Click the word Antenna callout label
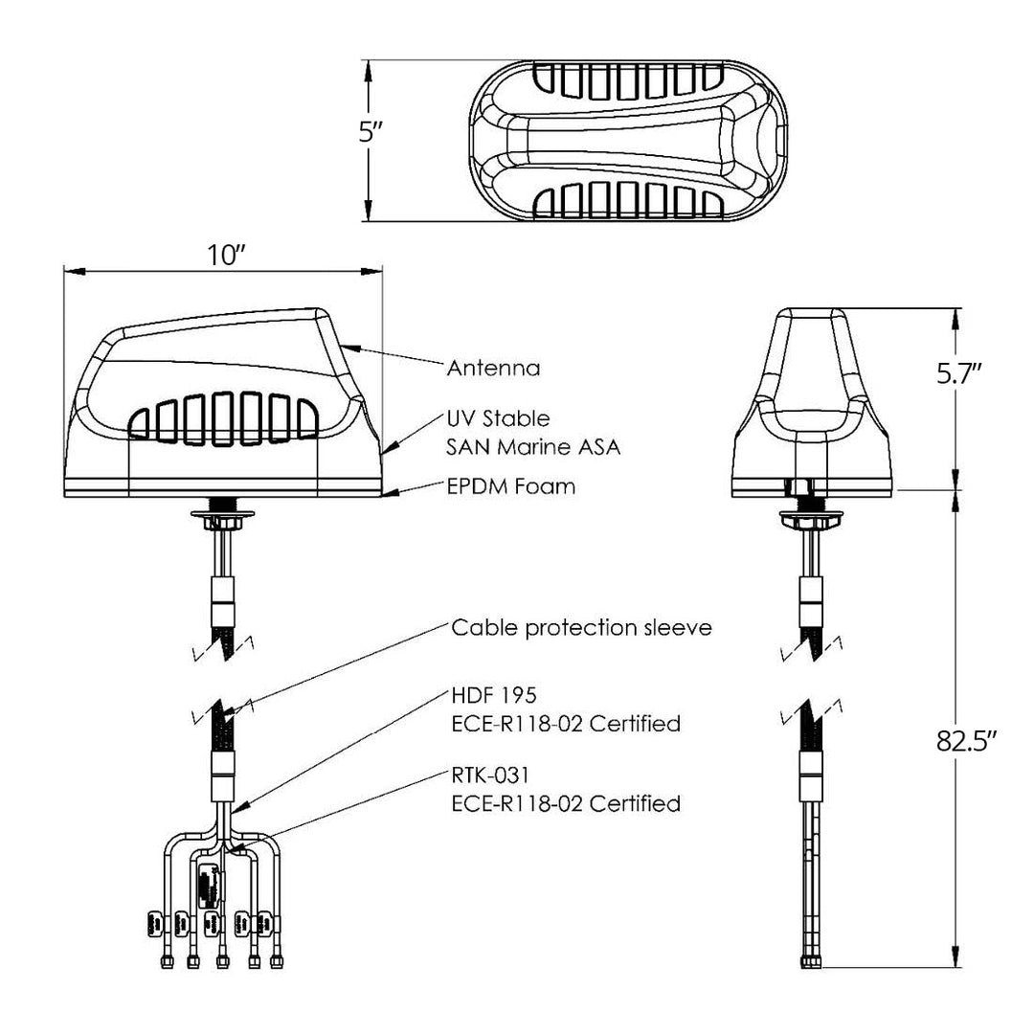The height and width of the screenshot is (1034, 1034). coord(494,368)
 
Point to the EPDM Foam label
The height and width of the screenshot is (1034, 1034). coord(511,487)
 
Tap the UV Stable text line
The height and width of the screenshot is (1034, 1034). coord(498,418)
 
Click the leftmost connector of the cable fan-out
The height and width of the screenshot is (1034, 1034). coord(165,960)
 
